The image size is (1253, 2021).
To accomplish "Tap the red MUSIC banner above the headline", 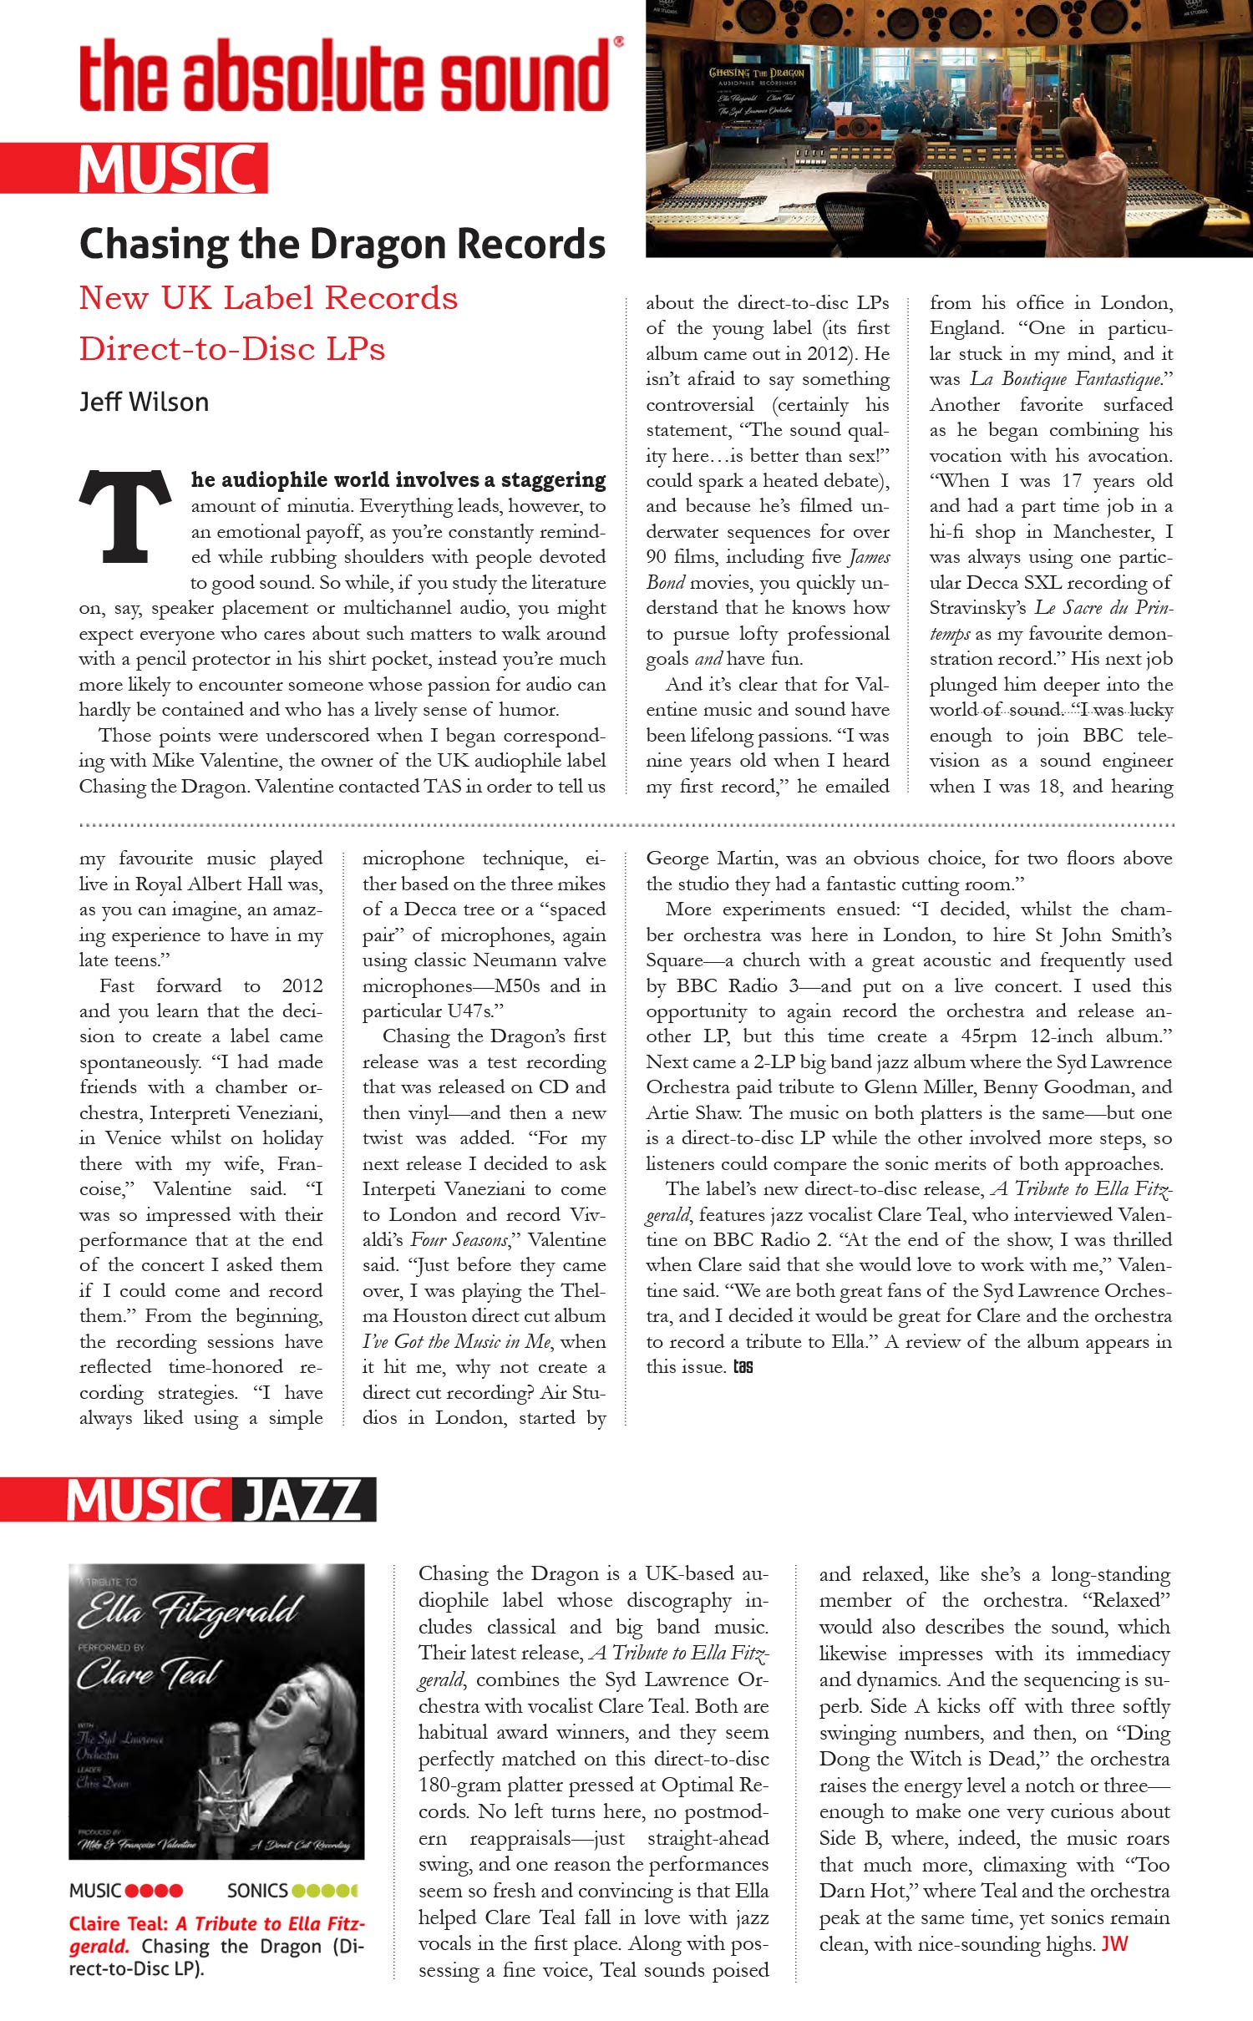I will (x=167, y=169).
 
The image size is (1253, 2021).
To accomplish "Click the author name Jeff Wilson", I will (x=144, y=403).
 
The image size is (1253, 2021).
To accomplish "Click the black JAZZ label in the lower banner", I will (x=301, y=1500).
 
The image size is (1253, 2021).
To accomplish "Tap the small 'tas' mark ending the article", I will (x=743, y=1367).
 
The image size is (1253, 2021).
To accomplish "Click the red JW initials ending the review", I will (x=1114, y=1944).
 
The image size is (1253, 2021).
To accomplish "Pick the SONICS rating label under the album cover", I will (x=257, y=1891).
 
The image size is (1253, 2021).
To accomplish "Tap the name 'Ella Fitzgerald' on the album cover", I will (x=188, y=1611).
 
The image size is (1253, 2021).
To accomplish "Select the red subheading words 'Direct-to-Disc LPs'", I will (x=232, y=349).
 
